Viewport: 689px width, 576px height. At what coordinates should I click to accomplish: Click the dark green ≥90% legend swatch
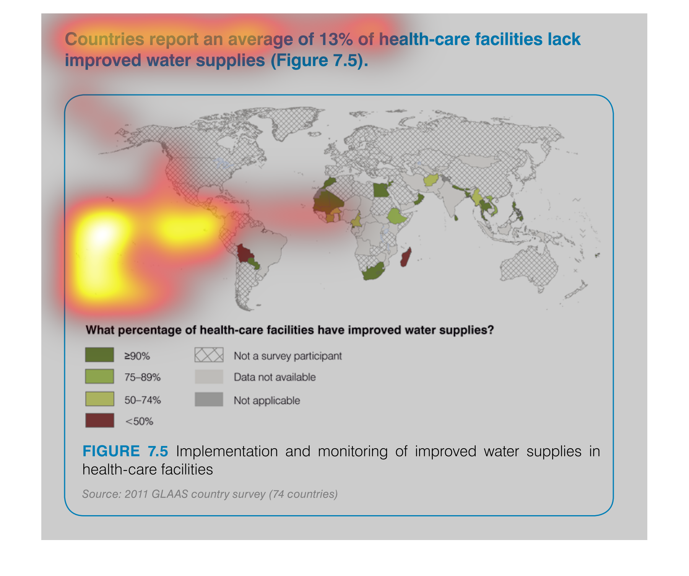pyautogui.click(x=99, y=355)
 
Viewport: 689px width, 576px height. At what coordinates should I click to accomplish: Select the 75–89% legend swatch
pyautogui.click(x=99, y=376)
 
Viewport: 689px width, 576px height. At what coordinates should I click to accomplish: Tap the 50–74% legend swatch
pyautogui.click(x=99, y=399)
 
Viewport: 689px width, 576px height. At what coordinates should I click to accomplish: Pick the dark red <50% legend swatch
pyautogui.click(x=99, y=420)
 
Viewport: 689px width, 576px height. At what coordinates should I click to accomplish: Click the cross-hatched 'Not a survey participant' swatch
pyautogui.click(x=209, y=355)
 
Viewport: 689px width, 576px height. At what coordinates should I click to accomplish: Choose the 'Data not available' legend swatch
pyautogui.click(x=209, y=377)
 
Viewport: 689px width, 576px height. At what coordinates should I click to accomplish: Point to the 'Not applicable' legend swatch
pyautogui.click(x=209, y=399)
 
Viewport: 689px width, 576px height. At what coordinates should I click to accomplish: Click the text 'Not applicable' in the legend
pyautogui.click(x=267, y=400)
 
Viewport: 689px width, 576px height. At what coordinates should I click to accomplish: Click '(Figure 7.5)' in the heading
pyautogui.click(x=319, y=60)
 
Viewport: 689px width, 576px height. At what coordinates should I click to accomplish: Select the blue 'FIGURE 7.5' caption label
pyautogui.click(x=125, y=451)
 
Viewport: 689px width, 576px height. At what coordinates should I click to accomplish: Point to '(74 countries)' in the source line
pyautogui.click(x=303, y=494)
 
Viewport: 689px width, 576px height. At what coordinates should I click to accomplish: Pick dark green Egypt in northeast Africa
pyautogui.click(x=382, y=189)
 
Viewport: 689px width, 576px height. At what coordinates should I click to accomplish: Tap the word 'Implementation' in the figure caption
pyautogui.click(x=227, y=451)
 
